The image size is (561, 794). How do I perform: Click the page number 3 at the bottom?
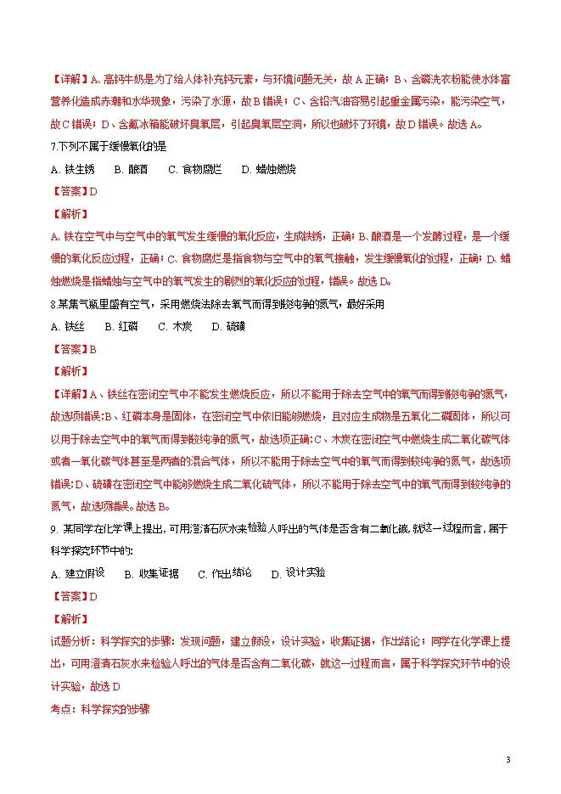pos(508,758)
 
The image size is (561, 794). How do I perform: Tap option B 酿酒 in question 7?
pos(131,169)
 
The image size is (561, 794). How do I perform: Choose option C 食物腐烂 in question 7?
pos(195,169)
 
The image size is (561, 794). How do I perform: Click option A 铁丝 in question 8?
pos(68,326)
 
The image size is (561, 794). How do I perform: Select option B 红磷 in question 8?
pos(121,326)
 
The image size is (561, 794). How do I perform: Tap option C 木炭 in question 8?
pos(175,326)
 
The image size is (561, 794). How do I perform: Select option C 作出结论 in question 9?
pos(225,574)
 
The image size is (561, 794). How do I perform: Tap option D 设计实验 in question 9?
pos(298,572)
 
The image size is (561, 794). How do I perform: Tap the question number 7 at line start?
pos(53,146)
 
